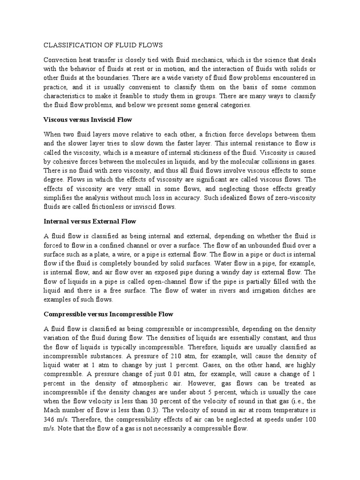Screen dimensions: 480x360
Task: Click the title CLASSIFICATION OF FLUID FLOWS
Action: [103, 45]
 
